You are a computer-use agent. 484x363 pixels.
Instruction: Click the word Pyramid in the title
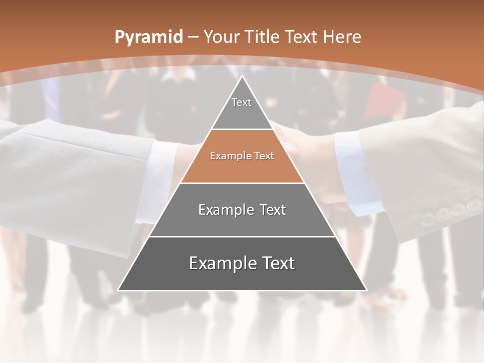pos(148,37)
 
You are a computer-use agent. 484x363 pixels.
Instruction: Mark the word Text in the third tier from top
pos(273,210)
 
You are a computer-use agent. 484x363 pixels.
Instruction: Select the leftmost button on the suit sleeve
pos(427,218)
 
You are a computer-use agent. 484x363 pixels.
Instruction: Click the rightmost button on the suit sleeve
pos(473,205)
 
